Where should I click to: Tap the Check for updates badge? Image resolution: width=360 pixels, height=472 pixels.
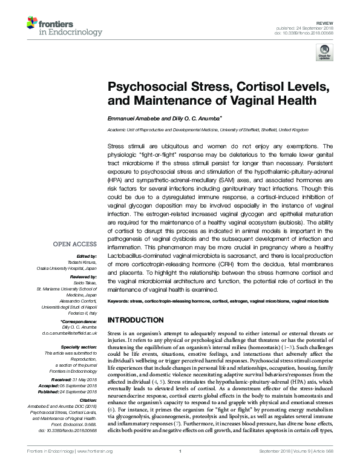(x=322, y=54)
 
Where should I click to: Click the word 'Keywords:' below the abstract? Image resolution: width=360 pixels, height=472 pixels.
(x=120, y=301)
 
